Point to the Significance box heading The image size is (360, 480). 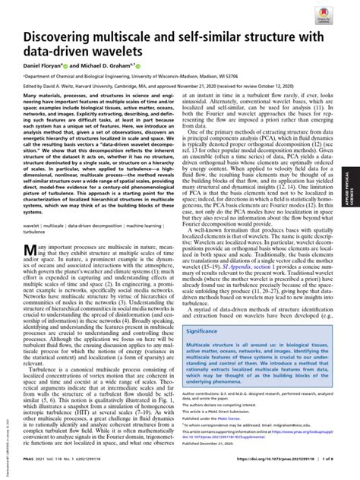click(209, 331)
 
